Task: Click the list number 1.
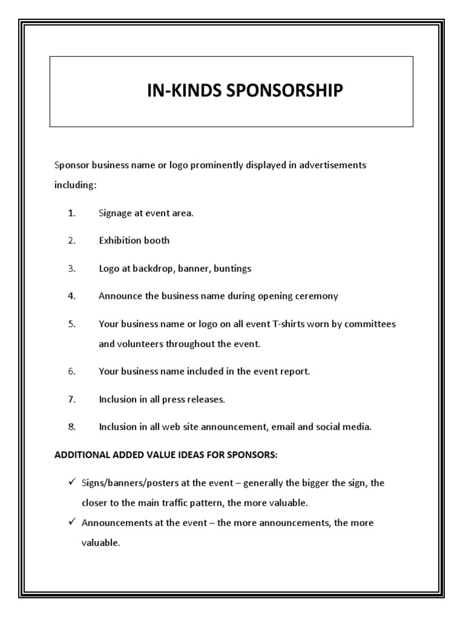pos(72,213)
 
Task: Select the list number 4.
pos(72,296)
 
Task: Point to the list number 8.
pos(72,427)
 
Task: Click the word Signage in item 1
pos(116,213)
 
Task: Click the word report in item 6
pos(294,372)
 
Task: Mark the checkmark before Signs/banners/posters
pos(71,483)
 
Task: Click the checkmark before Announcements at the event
pos(71,522)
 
